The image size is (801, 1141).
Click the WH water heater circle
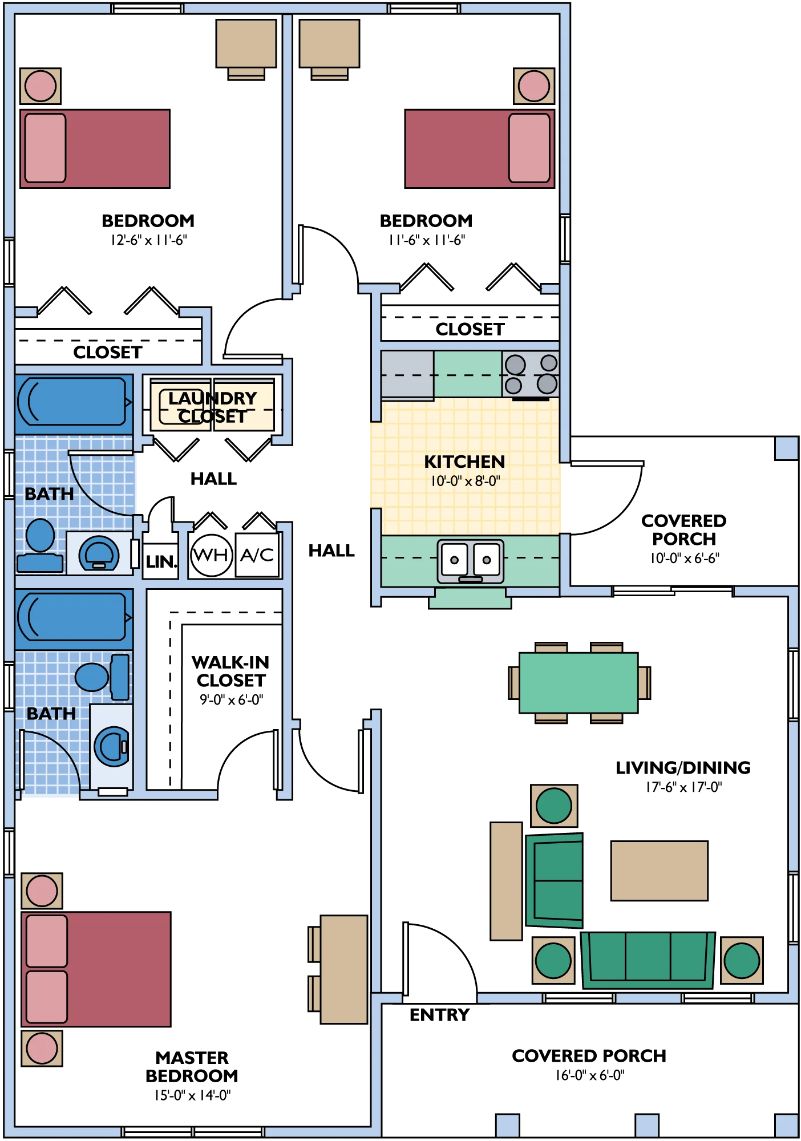click(x=212, y=555)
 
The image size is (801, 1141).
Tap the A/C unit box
click(x=257, y=555)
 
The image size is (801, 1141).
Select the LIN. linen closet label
click(x=161, y=562)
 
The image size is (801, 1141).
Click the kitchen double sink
click(x=471, y=561)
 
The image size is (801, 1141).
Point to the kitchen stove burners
click(x=531, y=374)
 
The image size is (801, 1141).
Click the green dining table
click(x=578, y=683)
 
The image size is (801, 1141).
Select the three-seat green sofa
click(x=648, y=960)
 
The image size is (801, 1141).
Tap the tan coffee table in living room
click(x=660, y=871)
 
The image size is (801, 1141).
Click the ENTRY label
click(x=440, y=1015)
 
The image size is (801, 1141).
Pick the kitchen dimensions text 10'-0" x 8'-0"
click(x=466, y=481)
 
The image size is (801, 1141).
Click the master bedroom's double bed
click(x=96, y=969)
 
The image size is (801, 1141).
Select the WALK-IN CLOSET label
click(x=231, y=671)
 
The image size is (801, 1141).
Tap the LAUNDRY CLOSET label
click(x=212, y=407)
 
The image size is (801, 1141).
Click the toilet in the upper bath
click(x=40, y=545)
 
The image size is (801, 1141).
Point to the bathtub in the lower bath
click(x=74, y=619)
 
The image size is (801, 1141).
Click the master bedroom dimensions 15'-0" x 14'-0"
click(x=192, y=1095)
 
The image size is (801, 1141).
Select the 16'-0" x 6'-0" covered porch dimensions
click(x=590, y=1075)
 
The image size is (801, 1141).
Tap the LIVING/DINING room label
click(x=683, y=768)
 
